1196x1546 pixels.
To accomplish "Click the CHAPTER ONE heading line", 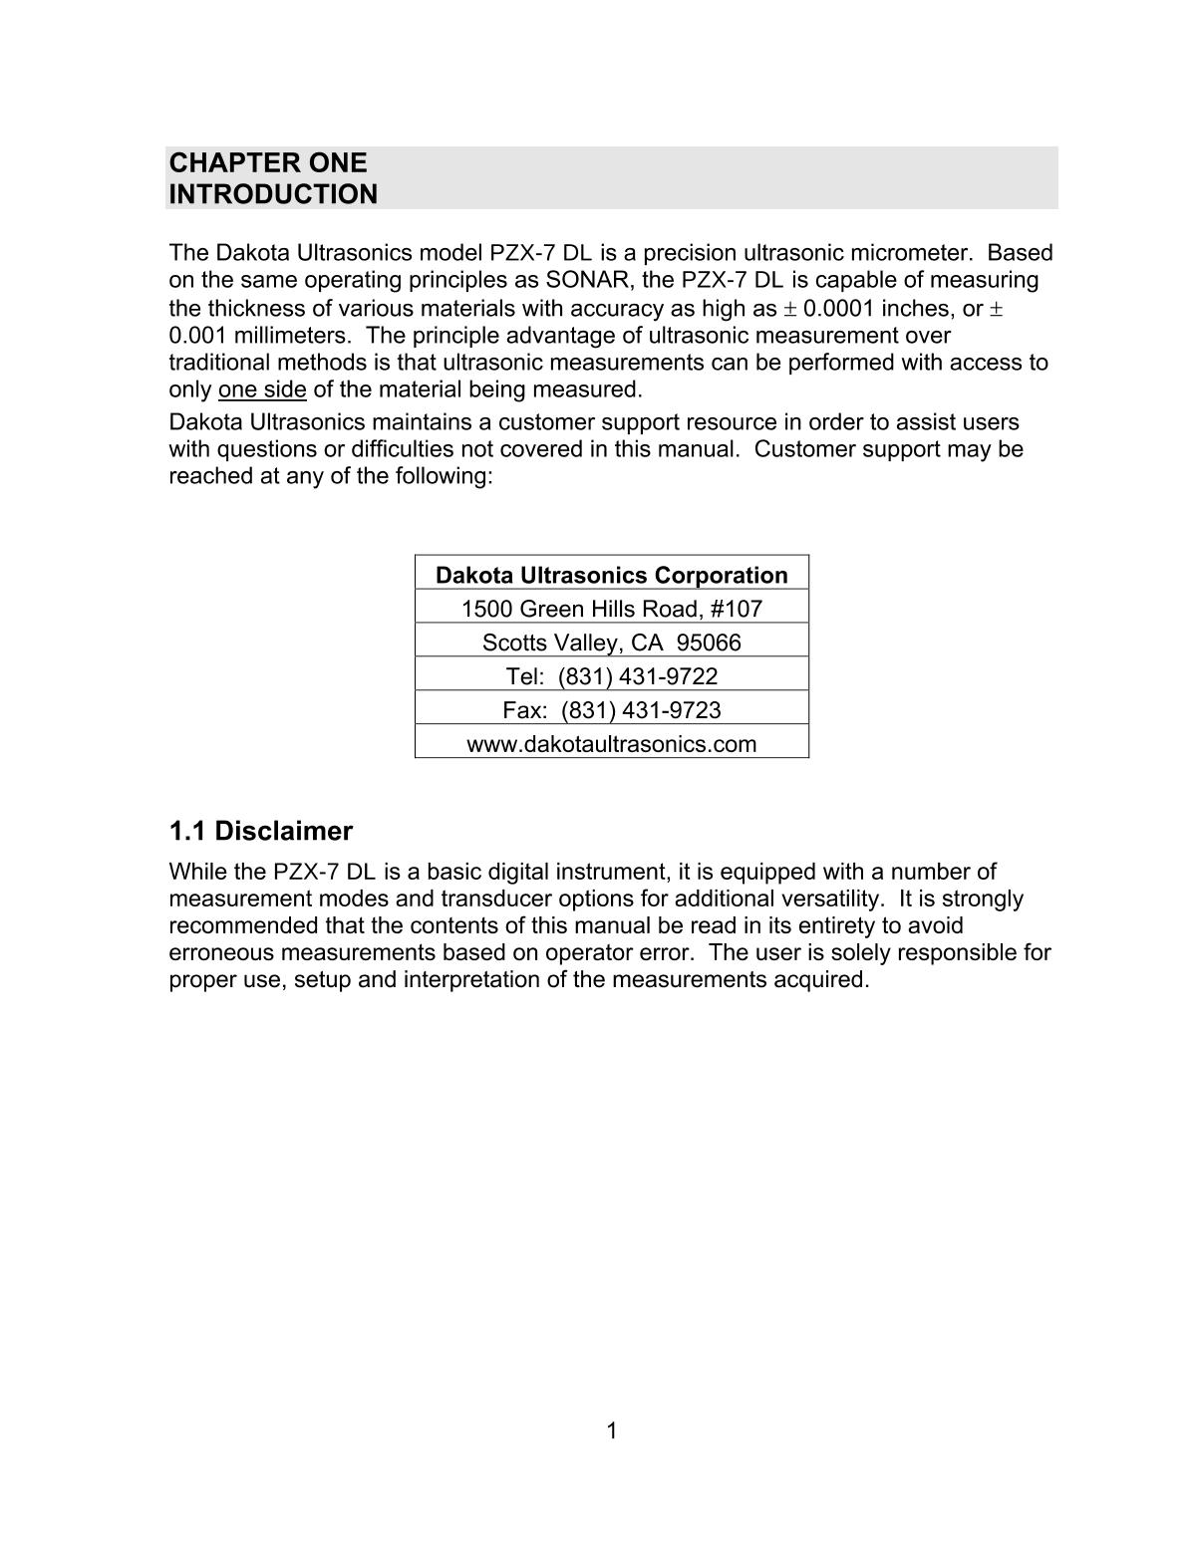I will click(x=268, y=162).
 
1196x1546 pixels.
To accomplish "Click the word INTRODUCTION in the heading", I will click(x=273, y=194).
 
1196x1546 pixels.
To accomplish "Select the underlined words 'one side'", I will click(x=262, y=388).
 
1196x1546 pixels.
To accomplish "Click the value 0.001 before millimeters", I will click(x=198, y=335).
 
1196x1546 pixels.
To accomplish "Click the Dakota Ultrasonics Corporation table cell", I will click(x=612, y=575).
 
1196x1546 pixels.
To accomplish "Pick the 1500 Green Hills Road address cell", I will click(x=612, y=609).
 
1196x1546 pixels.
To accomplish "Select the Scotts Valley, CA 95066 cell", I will click(x=612, y=643).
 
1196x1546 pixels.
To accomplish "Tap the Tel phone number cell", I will click(x=612, y=676).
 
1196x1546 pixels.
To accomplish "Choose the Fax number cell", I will click(x=612, y=710).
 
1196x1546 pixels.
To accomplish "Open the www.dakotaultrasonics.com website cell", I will click(x=612, y=744).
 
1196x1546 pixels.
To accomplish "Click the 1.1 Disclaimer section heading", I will click(x=261, y=831).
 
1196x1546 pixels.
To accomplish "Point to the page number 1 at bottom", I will click(x=611, y=1431).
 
